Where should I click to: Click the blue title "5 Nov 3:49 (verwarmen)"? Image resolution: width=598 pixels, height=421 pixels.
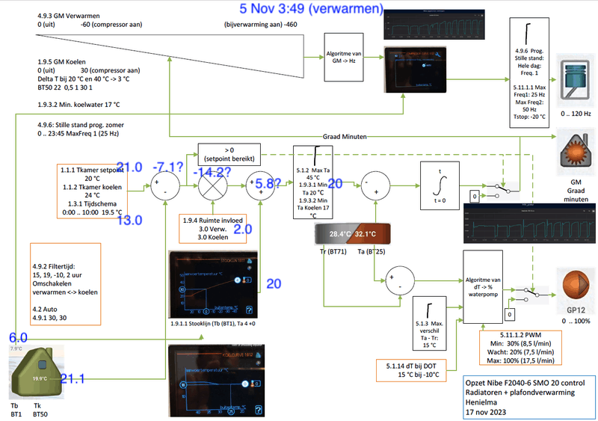tap(312, 9)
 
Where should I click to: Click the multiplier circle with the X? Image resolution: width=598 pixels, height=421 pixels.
tap(215, 184)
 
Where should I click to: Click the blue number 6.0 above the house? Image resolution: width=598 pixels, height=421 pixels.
tap(19, 338)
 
